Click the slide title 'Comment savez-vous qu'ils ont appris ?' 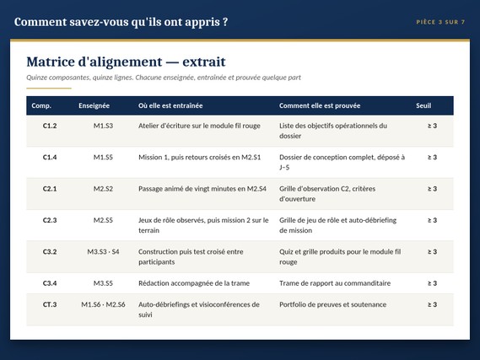121,22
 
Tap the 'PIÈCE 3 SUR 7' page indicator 440,22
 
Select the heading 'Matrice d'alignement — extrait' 126,62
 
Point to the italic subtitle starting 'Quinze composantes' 164,78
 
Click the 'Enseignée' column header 94,105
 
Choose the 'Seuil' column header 423,105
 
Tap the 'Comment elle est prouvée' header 320,105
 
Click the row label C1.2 50,126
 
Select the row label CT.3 50,304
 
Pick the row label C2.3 50,220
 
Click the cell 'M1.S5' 103,157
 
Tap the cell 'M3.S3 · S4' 103,252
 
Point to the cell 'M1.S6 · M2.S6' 103,304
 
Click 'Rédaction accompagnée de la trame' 194,283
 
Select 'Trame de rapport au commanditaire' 335,283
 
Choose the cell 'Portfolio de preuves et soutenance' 332,304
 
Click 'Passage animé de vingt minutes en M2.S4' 202,189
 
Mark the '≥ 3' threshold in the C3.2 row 432,252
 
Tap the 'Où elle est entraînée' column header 170,105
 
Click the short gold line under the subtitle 49,88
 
